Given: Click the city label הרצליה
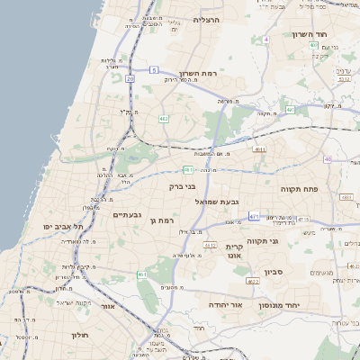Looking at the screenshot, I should pyautogui.click(x=206, y=19).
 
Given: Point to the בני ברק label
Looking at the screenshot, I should pyautogui.click(x=182, y=186).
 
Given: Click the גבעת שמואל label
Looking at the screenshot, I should pyautogui.click(x=222, y=202).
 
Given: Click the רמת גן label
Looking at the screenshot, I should pyautogui.click(x=158, y=220).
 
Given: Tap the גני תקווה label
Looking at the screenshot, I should pyautogui.click(x=287, y=241).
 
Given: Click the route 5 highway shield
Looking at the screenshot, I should pyautogui.click(x=154, y=69).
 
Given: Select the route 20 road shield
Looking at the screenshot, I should pyautogui.click(x=130, y=79).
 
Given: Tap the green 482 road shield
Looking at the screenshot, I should pyautogui.click(x=164, y=118).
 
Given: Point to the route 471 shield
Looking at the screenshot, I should pyautogui.click(x=255, y=216).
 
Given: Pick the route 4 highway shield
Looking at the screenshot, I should pyautogui.click(x=266, y=40).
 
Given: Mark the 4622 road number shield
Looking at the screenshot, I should pyautogui.click(x=253, y=282).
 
